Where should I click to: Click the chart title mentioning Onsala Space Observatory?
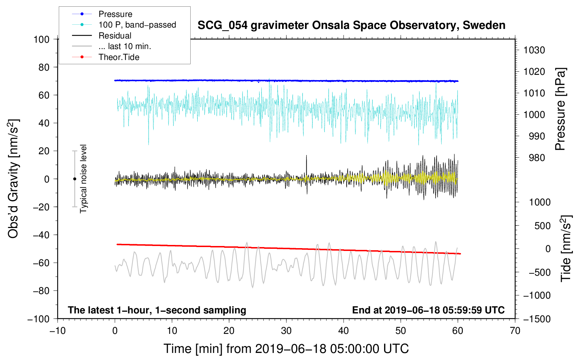click(x=351, y=25)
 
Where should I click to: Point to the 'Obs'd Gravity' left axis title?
click(x=13, y=179)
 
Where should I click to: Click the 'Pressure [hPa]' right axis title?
click(x=560, y=109)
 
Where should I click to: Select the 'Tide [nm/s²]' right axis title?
click(x=566, y=248)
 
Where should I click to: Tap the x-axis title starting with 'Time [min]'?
click(x=286, y=349)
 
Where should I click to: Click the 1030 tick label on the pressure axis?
click(x=534, y=50)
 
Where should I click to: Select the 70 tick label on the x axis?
click(x=515, y=331)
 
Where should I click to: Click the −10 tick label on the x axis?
click(x=58, y=331)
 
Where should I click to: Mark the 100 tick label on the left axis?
click(x=41, y=40)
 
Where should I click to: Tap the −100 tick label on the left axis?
click(x=38, y=319)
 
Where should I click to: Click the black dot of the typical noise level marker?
click(x=74, y=179)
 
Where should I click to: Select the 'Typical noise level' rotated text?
click(x=83, y=179)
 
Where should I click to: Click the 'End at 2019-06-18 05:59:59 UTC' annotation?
click(x=428, y=310)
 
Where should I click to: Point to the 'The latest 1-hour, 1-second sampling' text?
click(x=157, y=310)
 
